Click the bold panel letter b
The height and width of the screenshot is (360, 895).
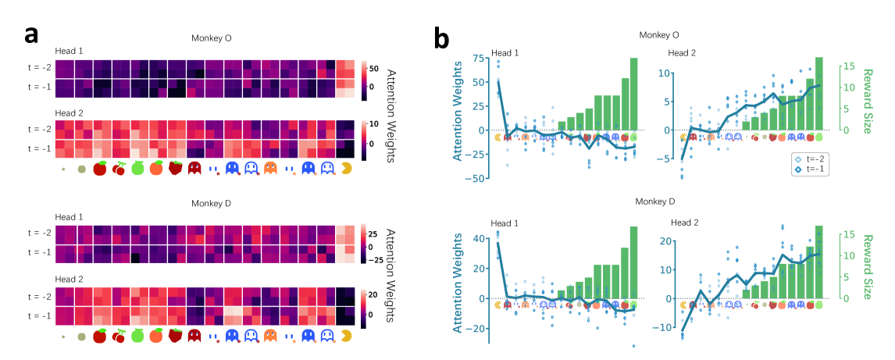click(441, 36)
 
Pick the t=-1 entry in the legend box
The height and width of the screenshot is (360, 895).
click(810, 169)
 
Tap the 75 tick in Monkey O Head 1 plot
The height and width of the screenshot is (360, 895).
click(479, 58)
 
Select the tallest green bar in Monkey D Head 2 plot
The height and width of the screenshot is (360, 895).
click(818, 262)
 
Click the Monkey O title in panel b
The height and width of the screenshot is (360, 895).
click(659, 35)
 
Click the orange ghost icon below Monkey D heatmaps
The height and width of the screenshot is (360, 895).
click(270, 336)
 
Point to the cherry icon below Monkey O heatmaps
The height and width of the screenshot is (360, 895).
click(119, 168)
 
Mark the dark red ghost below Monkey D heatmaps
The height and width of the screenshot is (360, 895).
click(194, 336)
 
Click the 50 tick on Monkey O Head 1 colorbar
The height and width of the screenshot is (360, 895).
click(373, 68)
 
